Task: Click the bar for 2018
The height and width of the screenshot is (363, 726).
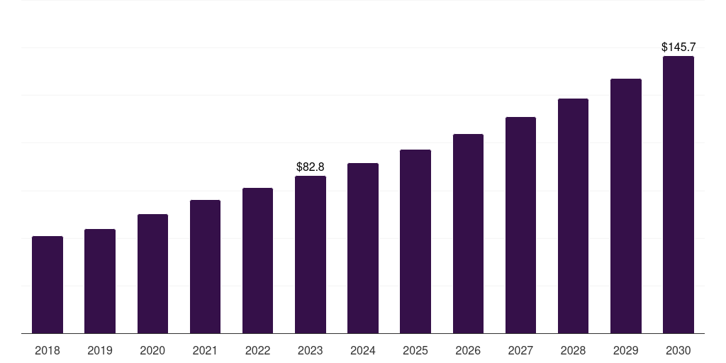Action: point(48,284)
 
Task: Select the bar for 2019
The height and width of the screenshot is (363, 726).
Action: point(100,281)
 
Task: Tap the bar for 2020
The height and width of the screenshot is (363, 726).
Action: point(152,274)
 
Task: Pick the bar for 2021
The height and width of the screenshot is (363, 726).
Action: point(205,267)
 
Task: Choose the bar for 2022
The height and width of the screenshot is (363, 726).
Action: point(257,260)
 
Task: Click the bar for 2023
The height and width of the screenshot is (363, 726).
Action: point(311,255)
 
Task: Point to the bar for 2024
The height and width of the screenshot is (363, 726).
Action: point(363,248)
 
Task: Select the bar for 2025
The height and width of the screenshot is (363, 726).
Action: point(415,241)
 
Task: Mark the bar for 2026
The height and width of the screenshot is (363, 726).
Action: point(468,233)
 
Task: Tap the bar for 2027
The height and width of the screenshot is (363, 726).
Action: point(520,225)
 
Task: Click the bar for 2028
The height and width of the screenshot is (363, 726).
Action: point(573,216)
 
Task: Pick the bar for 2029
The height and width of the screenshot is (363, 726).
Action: point(625,206)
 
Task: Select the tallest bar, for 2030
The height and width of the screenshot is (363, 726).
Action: point(678,194)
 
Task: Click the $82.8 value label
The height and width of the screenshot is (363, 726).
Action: point(311,167)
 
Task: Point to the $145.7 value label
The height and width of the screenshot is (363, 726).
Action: point(678,47)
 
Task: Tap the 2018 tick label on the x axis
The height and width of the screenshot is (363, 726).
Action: point(48,350)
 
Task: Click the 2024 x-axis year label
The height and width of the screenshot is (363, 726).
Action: point(363,350)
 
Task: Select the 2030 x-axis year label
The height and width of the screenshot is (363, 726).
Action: point(678,350)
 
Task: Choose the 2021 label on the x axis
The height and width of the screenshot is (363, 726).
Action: point(205,350)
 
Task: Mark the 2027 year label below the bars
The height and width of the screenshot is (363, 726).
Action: point(520,350)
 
